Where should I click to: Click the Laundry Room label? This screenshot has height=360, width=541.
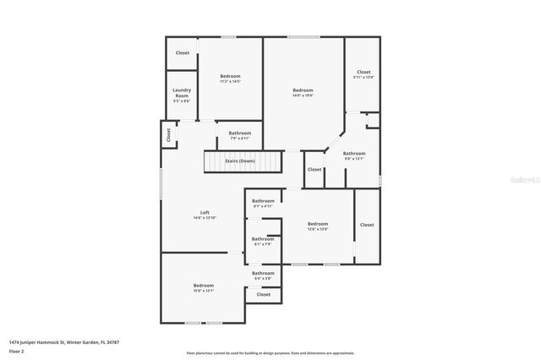[182, 93]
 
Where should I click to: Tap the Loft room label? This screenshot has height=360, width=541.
[205, 215]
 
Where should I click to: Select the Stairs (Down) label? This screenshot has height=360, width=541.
[240, 160]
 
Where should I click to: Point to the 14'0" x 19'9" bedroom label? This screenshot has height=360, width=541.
[303, 93]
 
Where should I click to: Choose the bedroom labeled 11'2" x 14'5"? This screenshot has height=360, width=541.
[231, 79]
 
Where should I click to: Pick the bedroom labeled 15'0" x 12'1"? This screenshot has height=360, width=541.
[204, 288]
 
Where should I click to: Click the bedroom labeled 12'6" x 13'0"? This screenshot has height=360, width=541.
[318, 226]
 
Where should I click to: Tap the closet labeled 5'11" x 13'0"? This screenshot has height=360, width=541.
[363, 74]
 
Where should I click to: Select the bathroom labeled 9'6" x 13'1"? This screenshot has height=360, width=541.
[353, 155]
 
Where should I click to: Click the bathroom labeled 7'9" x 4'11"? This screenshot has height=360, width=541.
[239, 135]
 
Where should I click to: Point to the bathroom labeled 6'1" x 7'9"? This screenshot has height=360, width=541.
[263, 242]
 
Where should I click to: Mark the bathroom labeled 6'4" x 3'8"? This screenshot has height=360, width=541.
[263, 275]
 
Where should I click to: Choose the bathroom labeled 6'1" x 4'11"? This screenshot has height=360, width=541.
[263, 203]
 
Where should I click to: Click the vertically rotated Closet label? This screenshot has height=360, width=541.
[169, 134]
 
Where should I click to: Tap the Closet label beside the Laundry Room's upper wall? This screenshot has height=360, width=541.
[183, 52]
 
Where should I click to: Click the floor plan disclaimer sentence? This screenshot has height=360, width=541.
[270, 353]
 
